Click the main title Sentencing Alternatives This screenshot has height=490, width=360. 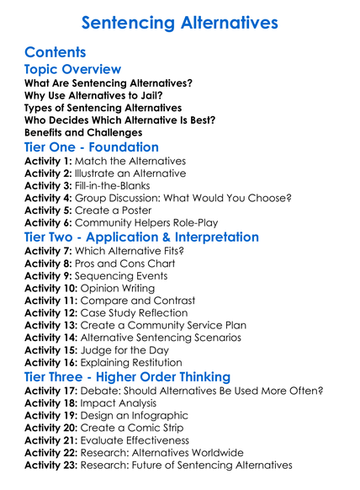coord(180,22)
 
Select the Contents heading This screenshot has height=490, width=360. coord(56,52)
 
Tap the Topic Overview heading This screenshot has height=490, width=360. coord(73,69)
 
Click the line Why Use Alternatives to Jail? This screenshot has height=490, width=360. coord(93,95)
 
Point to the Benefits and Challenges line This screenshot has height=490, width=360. coord(82,132)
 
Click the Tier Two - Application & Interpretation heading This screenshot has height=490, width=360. coord(142,237)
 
